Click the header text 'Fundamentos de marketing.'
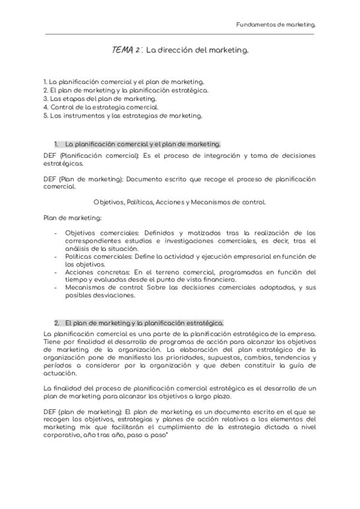click(x=275, y=25)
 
